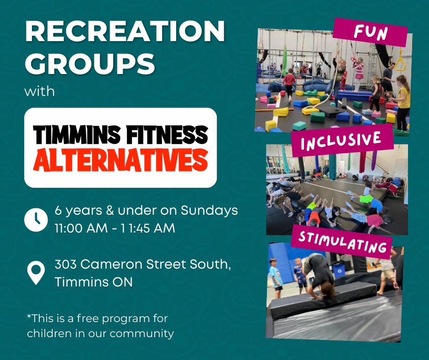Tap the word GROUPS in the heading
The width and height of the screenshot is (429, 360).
click(x=90, y=64)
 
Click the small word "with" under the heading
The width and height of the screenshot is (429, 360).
click(x=39, y=91)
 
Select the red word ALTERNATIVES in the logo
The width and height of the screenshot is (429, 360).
click(x=120, y=160)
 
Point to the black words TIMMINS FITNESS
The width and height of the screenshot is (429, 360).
click(x=120, y=135)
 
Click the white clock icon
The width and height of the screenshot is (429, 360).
click(x=36, y=220)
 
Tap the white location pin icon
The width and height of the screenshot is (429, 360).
click(x=36, y=272)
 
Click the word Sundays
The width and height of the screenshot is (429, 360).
click(x=209, y=211)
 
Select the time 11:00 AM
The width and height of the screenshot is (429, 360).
click(x=81, y=228)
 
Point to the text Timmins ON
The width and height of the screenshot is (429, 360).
click(x=94, y=282)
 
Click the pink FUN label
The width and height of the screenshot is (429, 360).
click(x=370, y=32)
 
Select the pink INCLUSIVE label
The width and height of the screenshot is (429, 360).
click(x=342, y=140)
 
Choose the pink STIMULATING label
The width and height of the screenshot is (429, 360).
click(x=342, y=242)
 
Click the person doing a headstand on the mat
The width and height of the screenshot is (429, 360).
click(x=319, y=275)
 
